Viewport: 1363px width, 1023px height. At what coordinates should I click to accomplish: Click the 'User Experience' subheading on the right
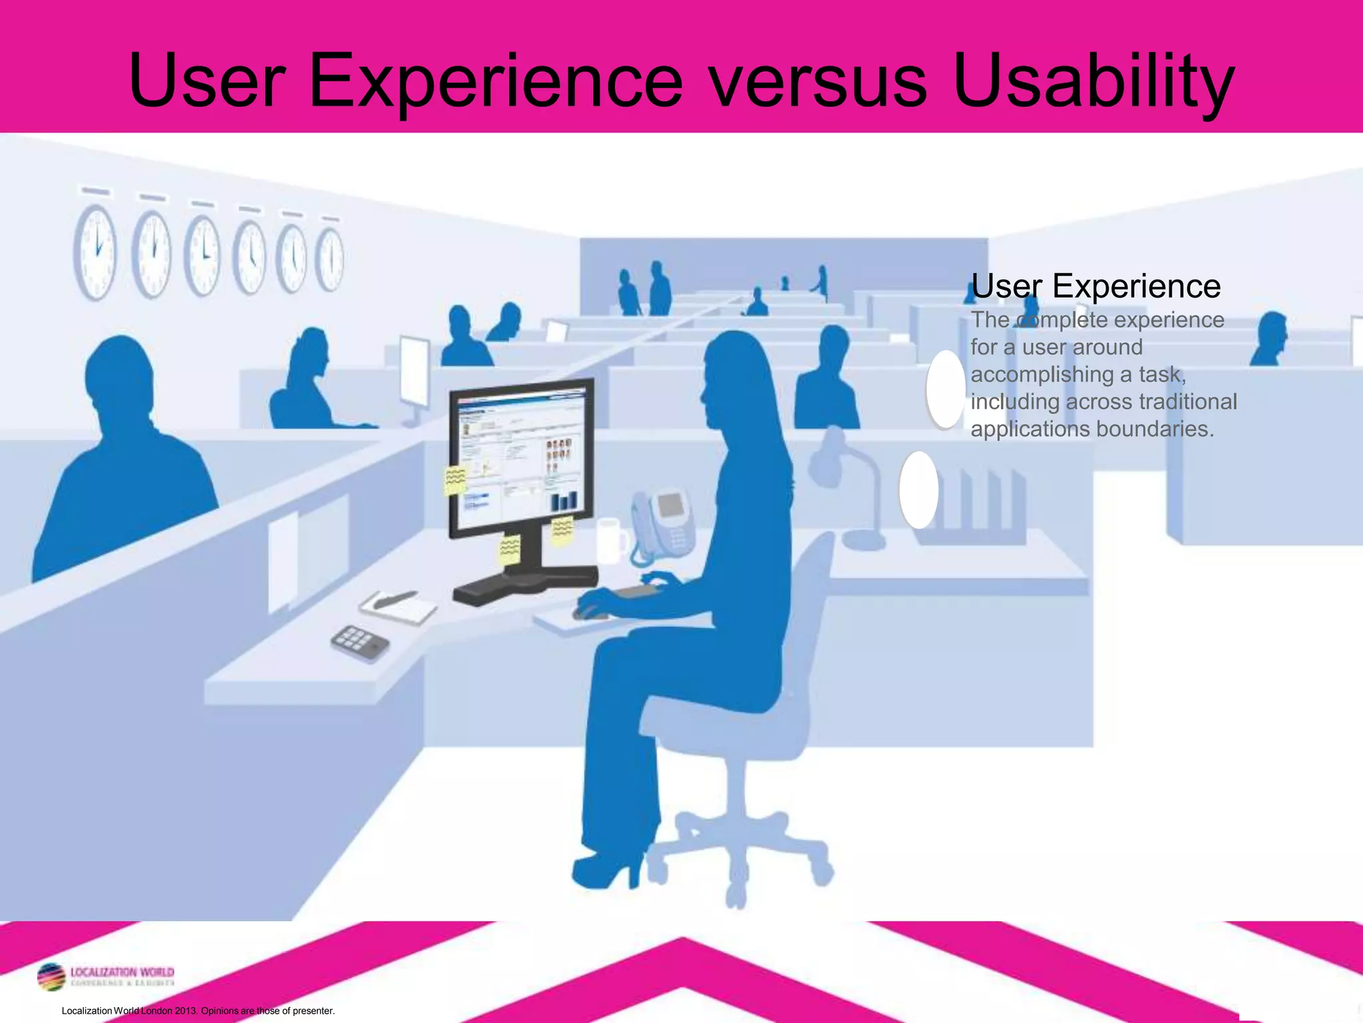[x=1095, y=286]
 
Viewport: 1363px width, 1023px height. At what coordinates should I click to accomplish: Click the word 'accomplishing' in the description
[x=1042, y=374]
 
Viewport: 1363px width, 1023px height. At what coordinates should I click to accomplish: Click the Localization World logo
[x=106, y=977]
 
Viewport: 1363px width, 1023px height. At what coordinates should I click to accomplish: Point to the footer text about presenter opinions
[x=198, y=1010]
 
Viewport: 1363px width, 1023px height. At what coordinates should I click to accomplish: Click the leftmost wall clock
[x=95, y=251]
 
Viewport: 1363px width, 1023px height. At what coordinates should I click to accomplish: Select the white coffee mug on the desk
[x=610, y=539]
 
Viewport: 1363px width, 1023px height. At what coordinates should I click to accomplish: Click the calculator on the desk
[x=360, y=641]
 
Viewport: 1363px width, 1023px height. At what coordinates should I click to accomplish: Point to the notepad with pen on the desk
[x=398, y=605]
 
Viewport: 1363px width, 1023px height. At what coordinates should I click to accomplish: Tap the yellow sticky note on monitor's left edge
[x=455, y=480]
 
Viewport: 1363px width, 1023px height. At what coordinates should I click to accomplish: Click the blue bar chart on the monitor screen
[x=564, y=500]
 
